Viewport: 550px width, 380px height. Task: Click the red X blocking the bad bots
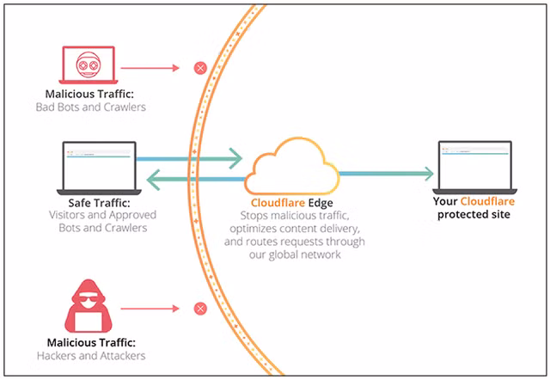pos(200,67)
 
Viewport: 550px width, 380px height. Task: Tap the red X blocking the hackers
pos(200,308)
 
